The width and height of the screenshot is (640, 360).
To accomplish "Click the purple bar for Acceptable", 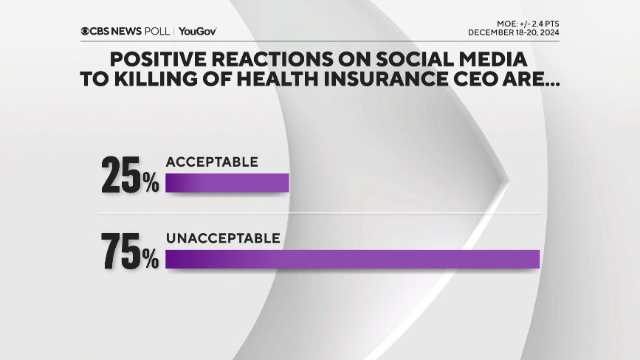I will pyautogui.click(x=227, y=183).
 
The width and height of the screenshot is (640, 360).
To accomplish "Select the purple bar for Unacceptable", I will pyautogui.click(x=353, y=260).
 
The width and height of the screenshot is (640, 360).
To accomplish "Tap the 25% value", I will pyautogui.click(x=130, y=176).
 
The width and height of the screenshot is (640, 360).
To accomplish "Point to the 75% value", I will pyautogui.click(x=130, y=252).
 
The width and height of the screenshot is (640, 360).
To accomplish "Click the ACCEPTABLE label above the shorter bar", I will pyautogui.click(x=212, y=162).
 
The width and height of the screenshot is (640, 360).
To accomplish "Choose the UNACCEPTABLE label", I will pyautogui.click(x=223, y=238).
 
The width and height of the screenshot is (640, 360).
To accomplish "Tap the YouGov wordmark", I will pyautogui.click(x=197, y=32).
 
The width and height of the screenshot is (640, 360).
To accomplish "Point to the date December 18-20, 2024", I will pyautogui.click(x=514, y=32).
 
